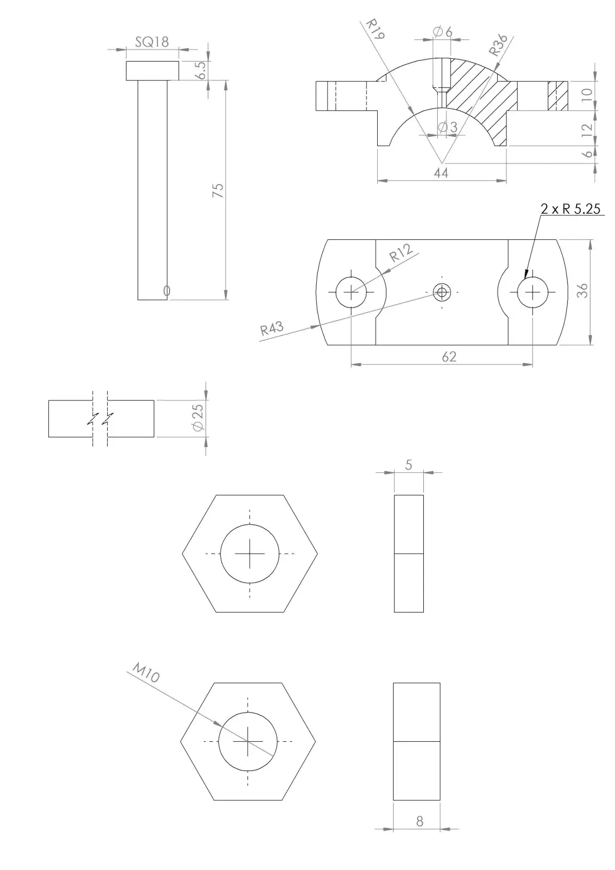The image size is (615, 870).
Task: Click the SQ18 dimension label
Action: [152, 42]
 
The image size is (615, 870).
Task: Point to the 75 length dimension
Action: [218, 190]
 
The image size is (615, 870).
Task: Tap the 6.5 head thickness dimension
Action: [201, 70]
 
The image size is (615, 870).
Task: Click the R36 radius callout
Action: [498, 45]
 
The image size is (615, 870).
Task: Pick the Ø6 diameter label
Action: [443, 32]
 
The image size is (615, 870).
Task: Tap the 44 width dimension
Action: [441, 173]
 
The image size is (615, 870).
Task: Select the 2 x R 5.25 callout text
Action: [570, 209]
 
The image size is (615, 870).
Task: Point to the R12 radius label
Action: [401, 253]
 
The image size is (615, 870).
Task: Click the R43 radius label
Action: [272, 329]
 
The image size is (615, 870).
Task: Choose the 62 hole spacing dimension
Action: [449, 357]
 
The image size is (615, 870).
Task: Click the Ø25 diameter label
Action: [198, 418]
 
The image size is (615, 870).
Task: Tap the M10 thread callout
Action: [146, 672]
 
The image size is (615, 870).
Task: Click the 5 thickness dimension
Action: [408, 465]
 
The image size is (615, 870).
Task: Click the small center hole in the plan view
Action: [441, 293]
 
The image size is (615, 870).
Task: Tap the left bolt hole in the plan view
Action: [351, 292]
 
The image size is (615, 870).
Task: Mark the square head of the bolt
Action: [153, 71]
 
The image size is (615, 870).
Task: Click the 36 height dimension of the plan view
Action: [582, 291]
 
